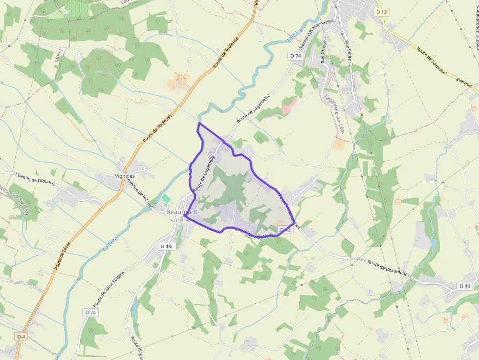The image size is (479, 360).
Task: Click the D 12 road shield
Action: pos(381,11)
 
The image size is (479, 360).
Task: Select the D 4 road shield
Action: pos(21,337)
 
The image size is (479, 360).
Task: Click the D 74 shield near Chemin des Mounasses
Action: pos(295,56)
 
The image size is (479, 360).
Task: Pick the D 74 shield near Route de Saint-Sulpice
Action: pos(90,312)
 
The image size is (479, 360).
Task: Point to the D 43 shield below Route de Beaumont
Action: pos(464,286)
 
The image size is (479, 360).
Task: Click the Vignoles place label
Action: pos(125,176)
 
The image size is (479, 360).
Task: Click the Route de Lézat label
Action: pos(63,255)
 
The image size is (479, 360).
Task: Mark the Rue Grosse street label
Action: pos(323,52)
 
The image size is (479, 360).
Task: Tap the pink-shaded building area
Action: pos(288,106)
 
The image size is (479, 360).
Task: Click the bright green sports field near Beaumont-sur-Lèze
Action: pos(167,200)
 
